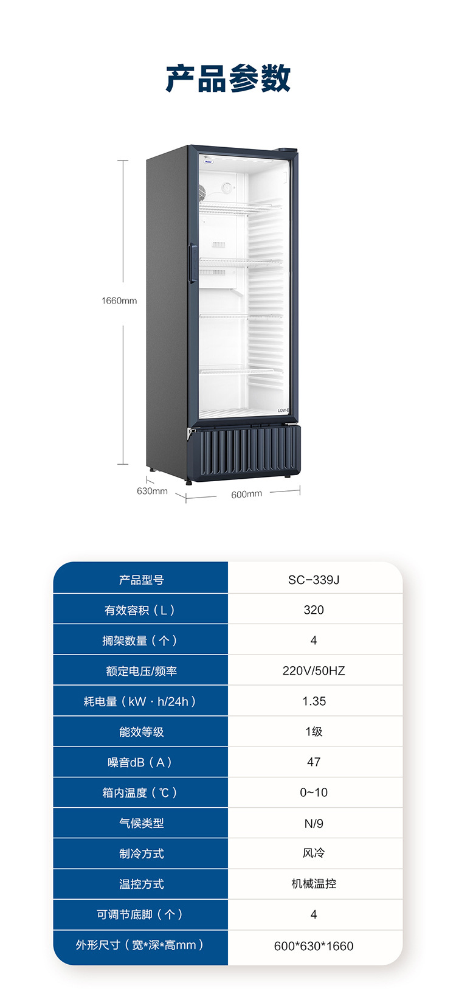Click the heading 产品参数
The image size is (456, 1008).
228,78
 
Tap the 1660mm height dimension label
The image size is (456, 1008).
119,301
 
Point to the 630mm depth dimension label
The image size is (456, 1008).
152,491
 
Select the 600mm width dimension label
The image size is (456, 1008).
246,494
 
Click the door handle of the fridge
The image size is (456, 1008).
192,263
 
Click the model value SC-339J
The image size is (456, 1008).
314,580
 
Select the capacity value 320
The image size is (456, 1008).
314,610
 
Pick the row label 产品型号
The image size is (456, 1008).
141,580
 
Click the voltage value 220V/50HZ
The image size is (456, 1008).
314,671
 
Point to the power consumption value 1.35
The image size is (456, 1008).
314,701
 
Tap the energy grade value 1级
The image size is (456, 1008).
314,732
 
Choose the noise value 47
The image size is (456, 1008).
314,762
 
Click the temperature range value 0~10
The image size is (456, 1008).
314,793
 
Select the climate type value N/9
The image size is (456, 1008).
314,824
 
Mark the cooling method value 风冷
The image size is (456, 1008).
314,853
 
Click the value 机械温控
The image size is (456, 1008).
314,884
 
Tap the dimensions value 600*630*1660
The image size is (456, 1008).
314,946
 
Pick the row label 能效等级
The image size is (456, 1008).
141,732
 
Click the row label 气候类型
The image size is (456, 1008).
141,824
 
